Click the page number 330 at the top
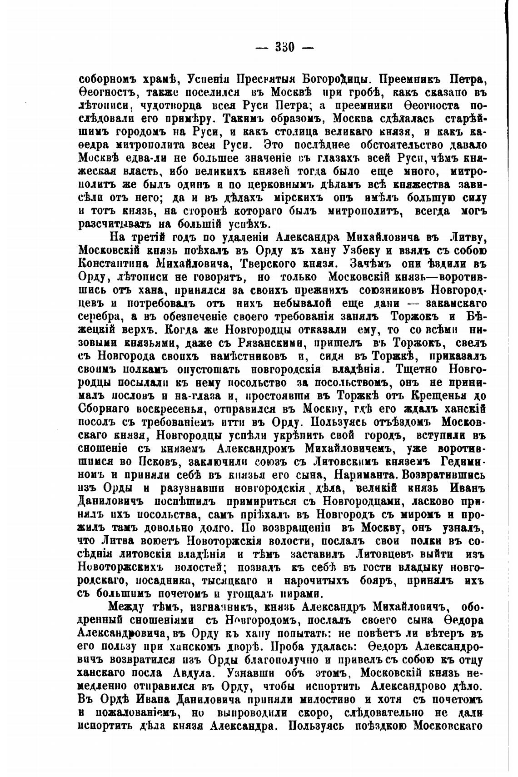(285, 47)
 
